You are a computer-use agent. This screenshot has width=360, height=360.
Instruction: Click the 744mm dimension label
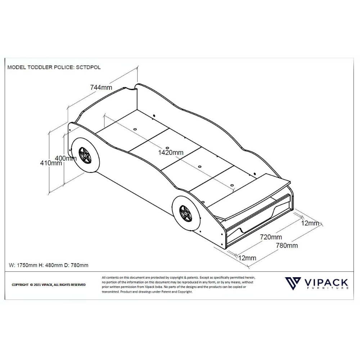coord(101,87)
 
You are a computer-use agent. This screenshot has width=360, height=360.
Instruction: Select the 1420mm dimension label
coord(171,152)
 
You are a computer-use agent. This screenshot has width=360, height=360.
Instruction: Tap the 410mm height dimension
coord(51,163)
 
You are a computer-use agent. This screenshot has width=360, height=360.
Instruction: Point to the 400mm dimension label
coord(66,158)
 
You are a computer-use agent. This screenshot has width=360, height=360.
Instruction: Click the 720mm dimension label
coord(271,237)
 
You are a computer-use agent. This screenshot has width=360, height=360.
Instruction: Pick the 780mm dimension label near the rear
coord(287,246)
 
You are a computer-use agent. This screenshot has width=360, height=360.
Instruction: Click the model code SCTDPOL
coord(89,67)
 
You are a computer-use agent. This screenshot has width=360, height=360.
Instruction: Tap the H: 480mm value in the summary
coord(50,265)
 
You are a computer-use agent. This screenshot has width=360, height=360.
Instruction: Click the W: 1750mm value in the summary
coord(23,265)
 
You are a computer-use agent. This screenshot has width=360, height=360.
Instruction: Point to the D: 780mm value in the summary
coord(76,265)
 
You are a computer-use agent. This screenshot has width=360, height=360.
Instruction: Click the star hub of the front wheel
coord(85,156)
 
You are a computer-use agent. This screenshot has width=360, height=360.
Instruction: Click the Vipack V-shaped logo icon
coord(293,283)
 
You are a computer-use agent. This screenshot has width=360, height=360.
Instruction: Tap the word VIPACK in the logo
coord(326,282)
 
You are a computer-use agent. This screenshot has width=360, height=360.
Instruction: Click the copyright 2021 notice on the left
coord(49,285)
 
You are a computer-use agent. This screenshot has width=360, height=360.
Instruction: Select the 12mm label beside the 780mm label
coord(310,223)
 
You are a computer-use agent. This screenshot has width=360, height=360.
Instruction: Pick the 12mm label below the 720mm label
coord(247,258)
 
